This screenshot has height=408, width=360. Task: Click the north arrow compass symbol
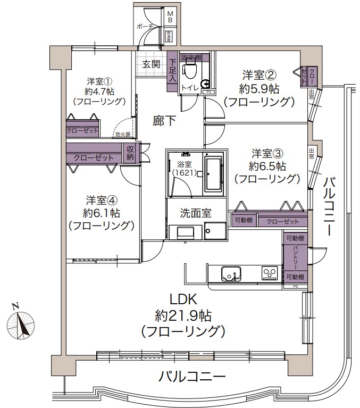21,323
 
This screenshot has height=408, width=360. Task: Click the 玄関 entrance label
151,64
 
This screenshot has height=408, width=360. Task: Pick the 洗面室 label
196,213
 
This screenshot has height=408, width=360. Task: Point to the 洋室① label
99,81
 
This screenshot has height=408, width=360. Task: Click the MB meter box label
170,16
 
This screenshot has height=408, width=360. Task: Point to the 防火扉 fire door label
123,135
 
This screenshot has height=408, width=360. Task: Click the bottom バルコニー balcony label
192,377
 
